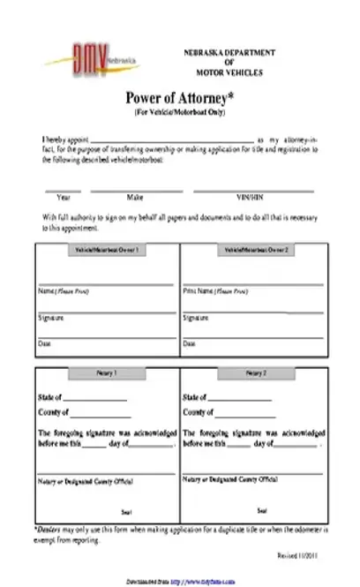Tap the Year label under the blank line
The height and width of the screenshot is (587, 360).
(x=64, y=198)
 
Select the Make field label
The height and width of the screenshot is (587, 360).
(x=135, y=198)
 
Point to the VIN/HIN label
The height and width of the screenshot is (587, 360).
(x=251, y=198)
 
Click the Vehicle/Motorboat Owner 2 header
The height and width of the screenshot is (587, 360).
(x=252, y=251)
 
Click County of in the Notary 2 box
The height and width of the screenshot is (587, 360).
(x=198, y=412)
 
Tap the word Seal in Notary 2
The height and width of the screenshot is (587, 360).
(x=262, y=510)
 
